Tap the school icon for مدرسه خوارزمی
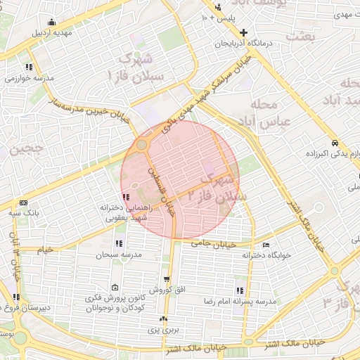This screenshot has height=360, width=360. click(28, 67)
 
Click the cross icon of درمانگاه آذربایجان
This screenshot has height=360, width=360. click(244, 32)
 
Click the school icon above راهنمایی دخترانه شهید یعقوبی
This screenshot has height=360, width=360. click(125, 198)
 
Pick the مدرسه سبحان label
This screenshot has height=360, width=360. click(113, 254)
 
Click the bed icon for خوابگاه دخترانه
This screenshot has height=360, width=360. click(264, 245)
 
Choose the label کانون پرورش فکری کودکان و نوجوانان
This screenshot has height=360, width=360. click(115, 303)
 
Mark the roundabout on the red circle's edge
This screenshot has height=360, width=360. click(142, 145)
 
